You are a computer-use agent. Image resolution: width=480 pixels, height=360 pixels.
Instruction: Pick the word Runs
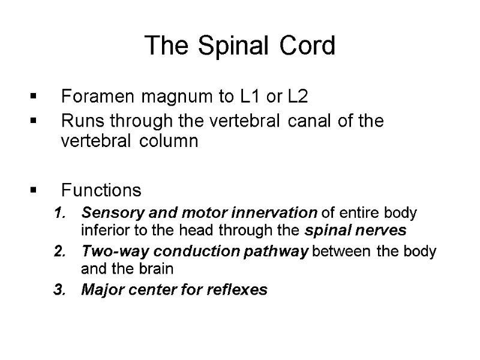(x=79, y=121)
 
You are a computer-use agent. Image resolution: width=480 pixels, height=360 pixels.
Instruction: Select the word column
(x=169, y=142)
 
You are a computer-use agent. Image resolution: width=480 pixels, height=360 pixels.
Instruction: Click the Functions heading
(x=101, y=191)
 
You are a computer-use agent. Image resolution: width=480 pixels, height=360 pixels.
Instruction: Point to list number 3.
(x=58, y=290)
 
